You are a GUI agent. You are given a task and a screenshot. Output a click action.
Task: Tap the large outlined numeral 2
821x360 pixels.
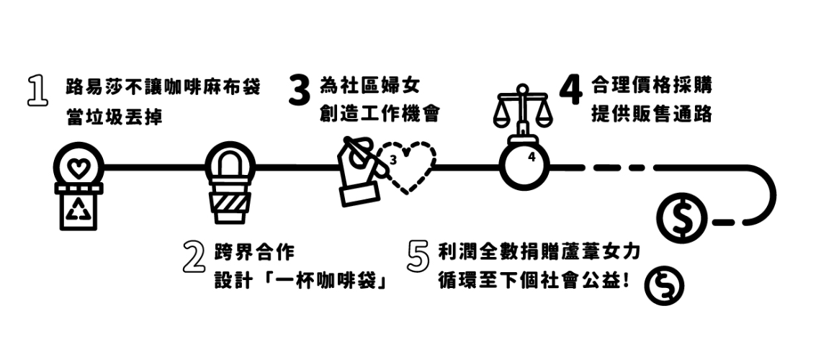192,258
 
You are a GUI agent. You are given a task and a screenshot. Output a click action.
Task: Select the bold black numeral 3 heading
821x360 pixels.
300,91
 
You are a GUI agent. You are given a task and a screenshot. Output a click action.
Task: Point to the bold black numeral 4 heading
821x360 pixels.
570,90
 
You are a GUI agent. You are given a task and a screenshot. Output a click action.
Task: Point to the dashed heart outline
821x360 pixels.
410,168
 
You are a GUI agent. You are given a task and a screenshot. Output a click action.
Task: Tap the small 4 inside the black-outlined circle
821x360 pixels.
531,156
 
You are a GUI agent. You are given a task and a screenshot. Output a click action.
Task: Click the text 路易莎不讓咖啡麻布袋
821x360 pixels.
162,88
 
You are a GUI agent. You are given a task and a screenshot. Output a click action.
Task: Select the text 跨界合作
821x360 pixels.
254,253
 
